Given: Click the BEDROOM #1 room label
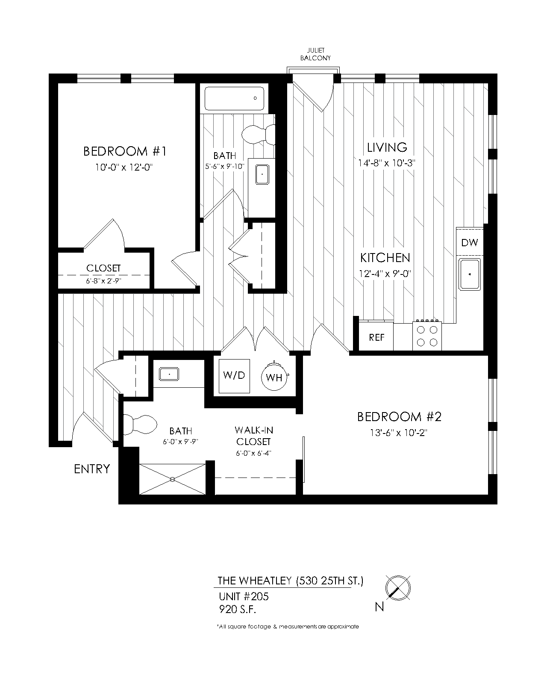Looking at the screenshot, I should click(124, 151).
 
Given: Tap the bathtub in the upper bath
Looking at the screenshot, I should click(235, 99).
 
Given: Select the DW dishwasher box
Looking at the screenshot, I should click(469, 243).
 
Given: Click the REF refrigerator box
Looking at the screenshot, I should click(376, 338).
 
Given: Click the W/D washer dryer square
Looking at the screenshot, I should click(234, 376).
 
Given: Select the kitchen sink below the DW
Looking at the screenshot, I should click(470, 274).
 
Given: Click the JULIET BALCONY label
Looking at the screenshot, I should click(315, 55).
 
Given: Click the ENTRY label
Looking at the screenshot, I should click(92, 469).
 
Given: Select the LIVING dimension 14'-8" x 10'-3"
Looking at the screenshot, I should click(387, 163).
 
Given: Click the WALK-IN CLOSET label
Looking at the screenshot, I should click(253, 436).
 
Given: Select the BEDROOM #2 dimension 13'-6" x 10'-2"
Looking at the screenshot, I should click(399, 433).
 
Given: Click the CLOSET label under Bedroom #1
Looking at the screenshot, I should click(103, 268).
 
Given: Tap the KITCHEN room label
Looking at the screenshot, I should click(385, 258).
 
